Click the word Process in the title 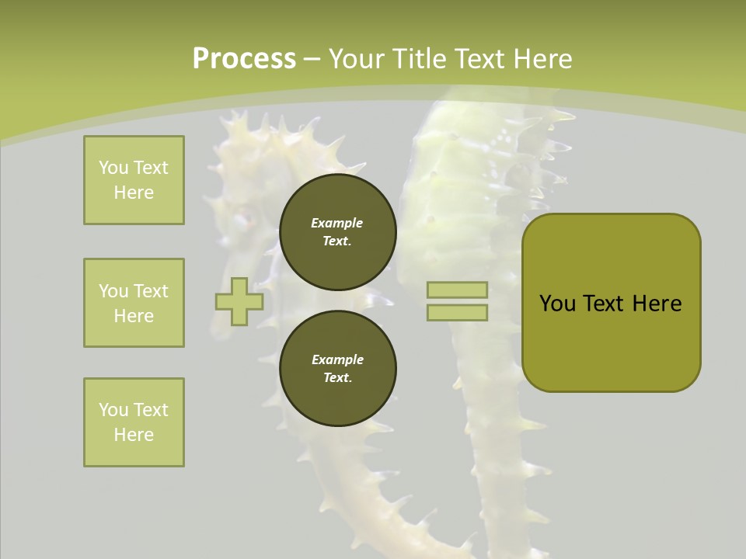click(244, 58)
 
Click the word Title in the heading click(420, 58)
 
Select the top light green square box click(134, 180)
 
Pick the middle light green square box click(134, 303)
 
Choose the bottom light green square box click(134, 422)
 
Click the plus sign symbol click(239, 301)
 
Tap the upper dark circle click(337, 232)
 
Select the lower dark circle click(337, 369)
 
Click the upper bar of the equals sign click(457, 290)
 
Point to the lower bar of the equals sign click(457, 313)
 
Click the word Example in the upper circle click(337, 223)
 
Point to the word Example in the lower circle click(337, 359)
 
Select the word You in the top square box click(113, 168)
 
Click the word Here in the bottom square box click(134, 435)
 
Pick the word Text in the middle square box click(150, 291)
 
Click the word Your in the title click(356, 58)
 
